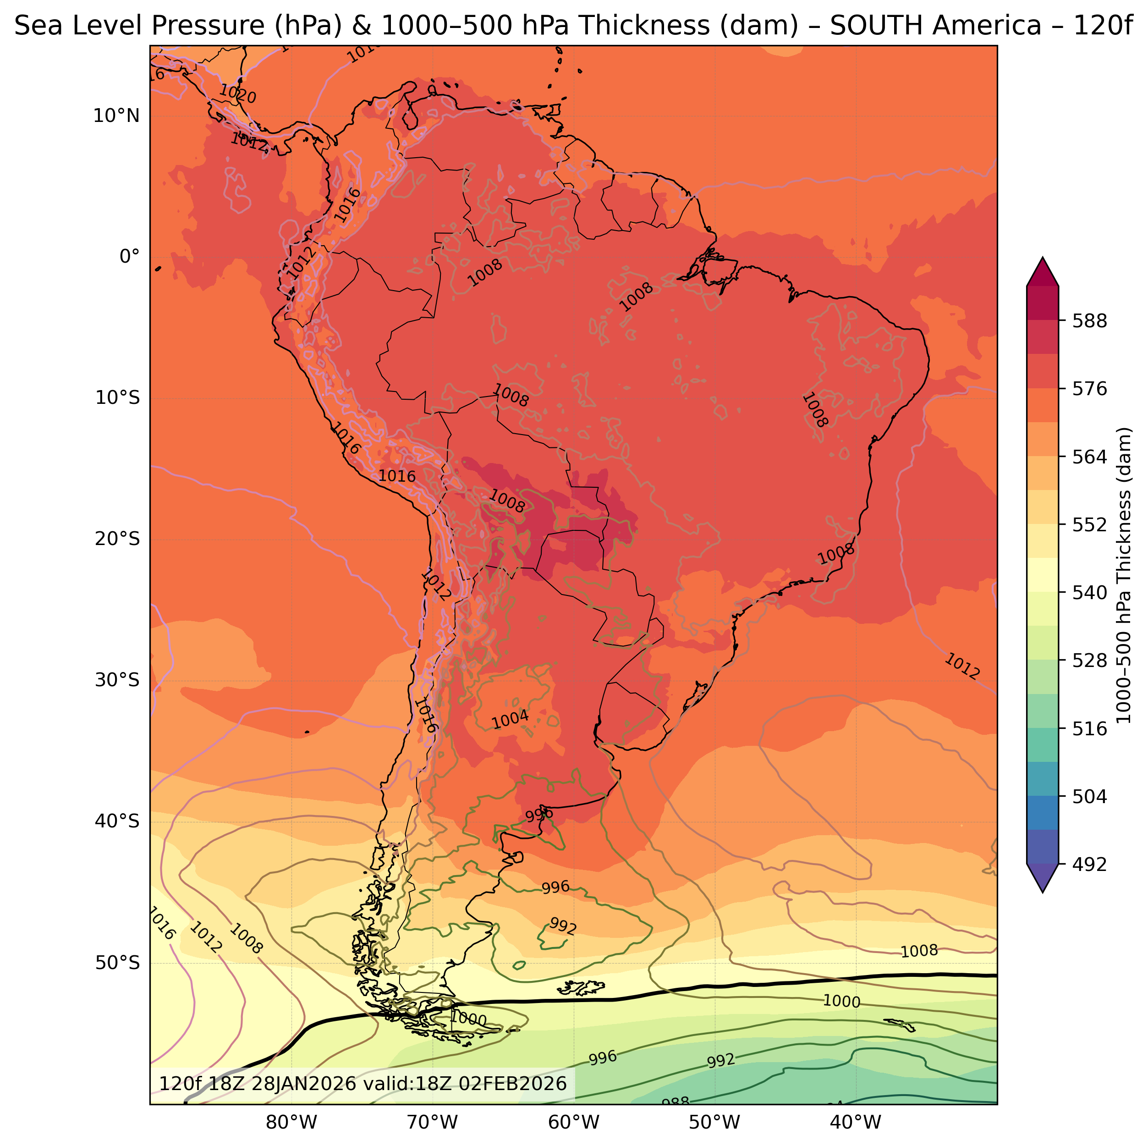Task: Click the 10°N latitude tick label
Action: [x=116, y=116]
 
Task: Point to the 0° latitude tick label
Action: [x=130, y=257]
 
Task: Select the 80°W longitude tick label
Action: [x=291, y=1122]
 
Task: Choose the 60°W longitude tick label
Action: [x=573, y=1122]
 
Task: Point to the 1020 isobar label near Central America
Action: [x=238, y=94]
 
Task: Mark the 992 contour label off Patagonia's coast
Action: [x=562, y=926]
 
